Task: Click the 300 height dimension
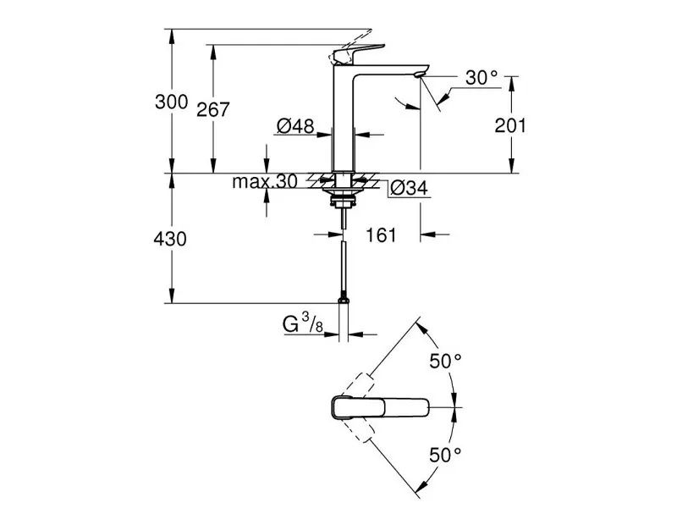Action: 171,102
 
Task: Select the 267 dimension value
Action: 213,108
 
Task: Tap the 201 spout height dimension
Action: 510,125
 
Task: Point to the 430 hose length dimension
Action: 171,239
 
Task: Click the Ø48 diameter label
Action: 295,126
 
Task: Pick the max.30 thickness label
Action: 266,182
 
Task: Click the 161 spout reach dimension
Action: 381,235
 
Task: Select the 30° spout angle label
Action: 482,78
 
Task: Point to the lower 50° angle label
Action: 445,455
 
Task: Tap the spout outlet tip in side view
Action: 418,77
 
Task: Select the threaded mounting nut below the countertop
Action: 343,201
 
